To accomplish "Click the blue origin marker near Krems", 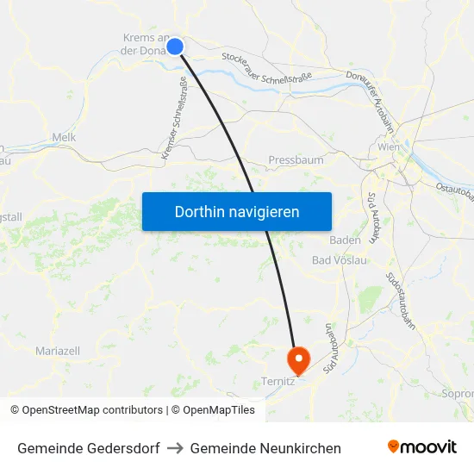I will pos(175,46).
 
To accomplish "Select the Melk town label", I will pos(65,137).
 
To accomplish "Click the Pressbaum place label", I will pos(296,160).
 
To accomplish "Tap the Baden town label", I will pos(345,240).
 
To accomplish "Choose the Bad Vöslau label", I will pos(340,259).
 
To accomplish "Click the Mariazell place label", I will pos(58,351).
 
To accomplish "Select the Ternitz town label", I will pos(278,380).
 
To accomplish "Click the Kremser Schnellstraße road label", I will pos(174,118).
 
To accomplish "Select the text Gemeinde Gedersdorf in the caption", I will pos(88,448).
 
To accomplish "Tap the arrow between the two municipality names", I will pos(175,448).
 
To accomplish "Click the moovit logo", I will pos(421,446).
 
